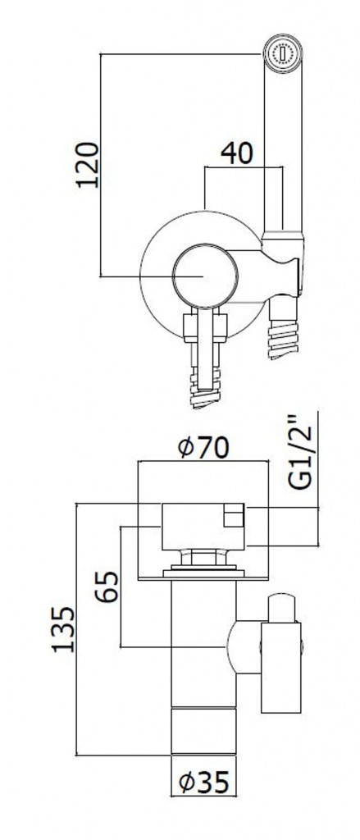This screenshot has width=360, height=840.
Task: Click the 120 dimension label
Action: (x=88, y=164)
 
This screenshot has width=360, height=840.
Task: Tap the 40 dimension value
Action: (x=237, y=153)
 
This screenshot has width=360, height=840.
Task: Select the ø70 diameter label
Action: (x=203, y=448)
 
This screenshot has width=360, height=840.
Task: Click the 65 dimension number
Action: (x=108, y=587)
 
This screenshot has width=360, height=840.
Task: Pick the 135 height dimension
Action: (x=64, y=629)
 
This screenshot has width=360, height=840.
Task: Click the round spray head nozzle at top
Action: (x=282, y=53)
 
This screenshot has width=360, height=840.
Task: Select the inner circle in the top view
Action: (x=205, y=276)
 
